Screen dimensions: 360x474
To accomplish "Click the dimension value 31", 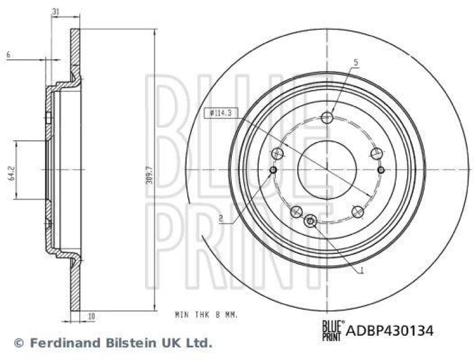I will (55, 12).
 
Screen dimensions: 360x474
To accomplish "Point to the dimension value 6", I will (8, 54).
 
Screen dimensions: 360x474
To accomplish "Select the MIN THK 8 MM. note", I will (206, 316).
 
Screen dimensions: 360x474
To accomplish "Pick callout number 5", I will (355, 62).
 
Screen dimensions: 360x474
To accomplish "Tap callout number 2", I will (220, 218).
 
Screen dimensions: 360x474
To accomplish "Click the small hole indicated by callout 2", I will (273, 171).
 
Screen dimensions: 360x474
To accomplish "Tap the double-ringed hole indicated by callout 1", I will (310, 221).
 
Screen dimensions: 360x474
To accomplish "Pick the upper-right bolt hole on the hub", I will (375, 154).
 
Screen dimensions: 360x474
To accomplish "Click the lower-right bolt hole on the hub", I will (357, 210).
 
